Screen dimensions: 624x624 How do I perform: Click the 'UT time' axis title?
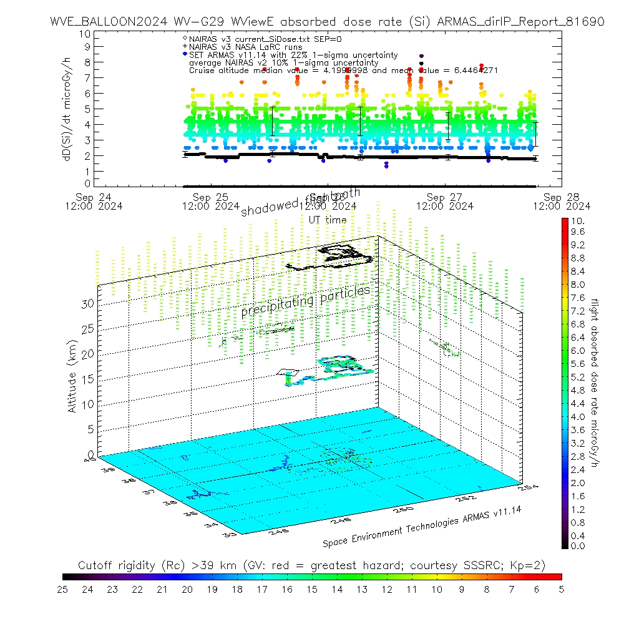coord(328,220)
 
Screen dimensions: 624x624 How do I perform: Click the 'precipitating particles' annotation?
coord(305,300)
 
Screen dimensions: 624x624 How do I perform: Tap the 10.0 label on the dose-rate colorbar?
coord(578,221)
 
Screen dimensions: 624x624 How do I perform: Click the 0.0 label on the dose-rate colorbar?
coord(578,546)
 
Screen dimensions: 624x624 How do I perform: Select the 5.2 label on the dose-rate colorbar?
coord(578,377)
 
